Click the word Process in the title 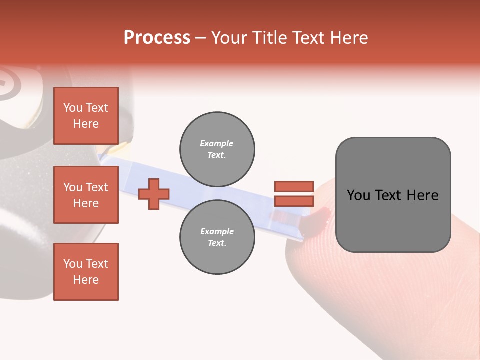157,38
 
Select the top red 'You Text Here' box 86,116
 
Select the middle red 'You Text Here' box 86,195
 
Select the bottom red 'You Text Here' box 86,272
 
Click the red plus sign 154,194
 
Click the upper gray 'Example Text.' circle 217,149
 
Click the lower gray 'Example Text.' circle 217,237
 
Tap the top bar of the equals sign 294,186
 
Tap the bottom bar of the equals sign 294,201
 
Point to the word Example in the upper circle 216,143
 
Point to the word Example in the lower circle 216,231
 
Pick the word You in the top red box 72,108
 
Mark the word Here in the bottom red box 86,280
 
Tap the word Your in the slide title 229,38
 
